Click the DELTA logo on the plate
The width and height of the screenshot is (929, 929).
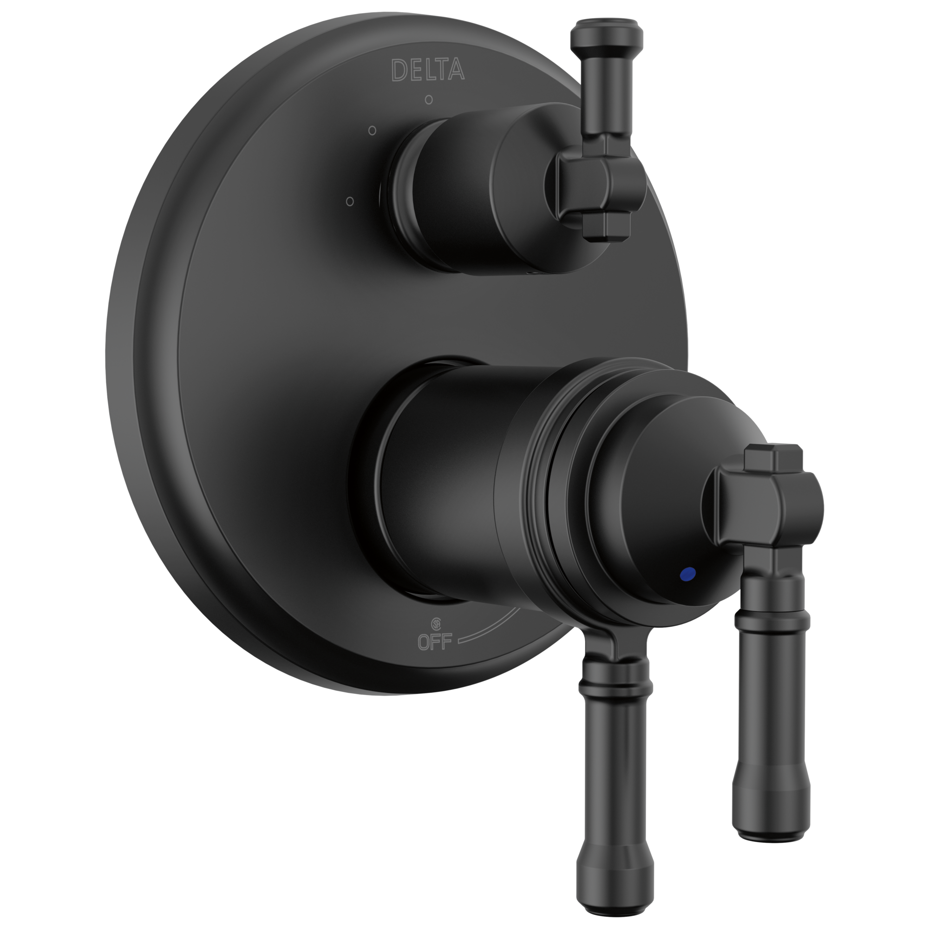(x=427, y=70)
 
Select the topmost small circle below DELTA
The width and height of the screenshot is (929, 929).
(x=428, y=100)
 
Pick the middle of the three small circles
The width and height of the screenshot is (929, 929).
(x=372, y=131)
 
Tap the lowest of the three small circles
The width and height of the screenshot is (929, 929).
(x=350, y=201)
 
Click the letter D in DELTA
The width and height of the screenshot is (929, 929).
(x=399, y=70)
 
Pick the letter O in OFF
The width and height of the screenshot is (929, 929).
(x=425, y=642)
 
